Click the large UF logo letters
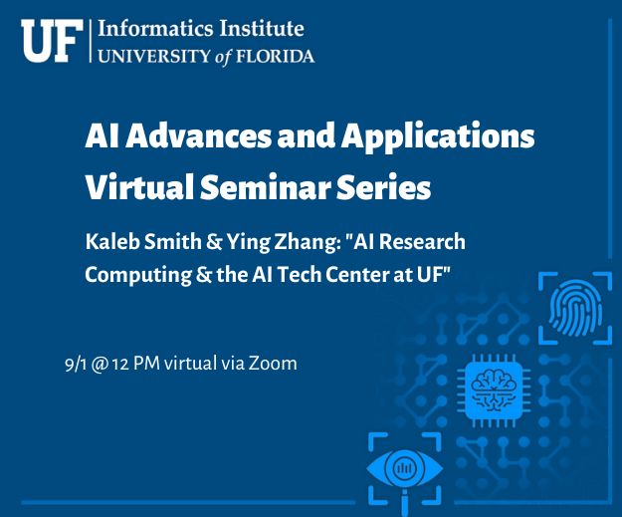tap(52, 41)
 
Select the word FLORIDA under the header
tap(276, 56)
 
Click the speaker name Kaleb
tap(111, 241)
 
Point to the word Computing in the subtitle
tap(137, 275)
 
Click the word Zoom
tap(273, 364)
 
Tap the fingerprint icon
tap(575, 308)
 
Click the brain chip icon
tap(494, 390)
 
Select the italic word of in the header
tap(223, 57)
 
